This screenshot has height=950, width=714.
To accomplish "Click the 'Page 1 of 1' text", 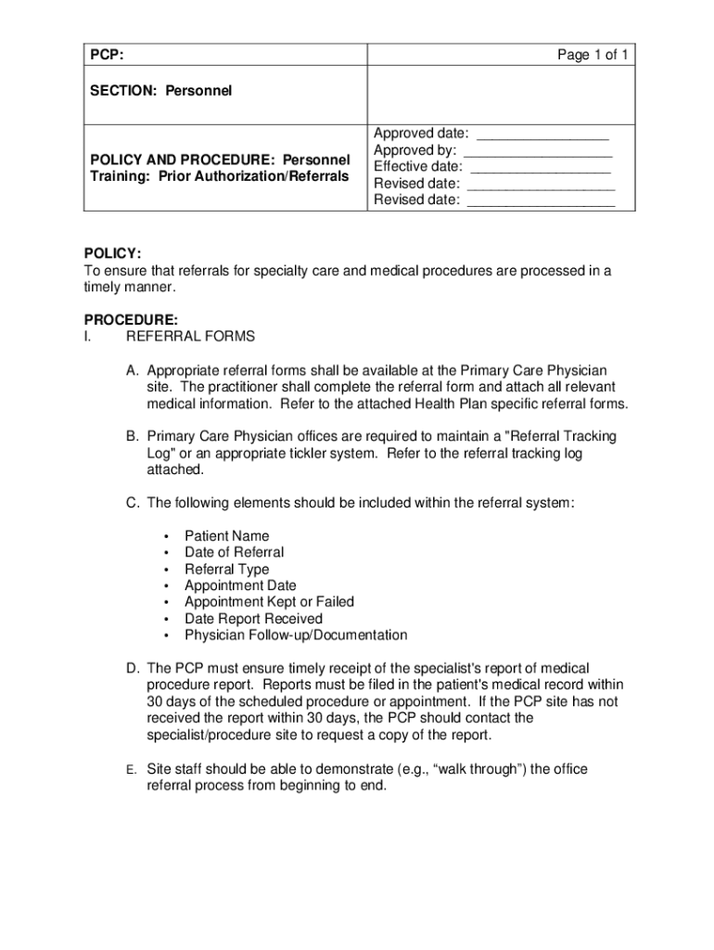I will pos(593,56).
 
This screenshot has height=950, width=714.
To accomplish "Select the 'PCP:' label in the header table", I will pos(108,56).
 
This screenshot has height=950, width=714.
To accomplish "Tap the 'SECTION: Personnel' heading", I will pos(160,91).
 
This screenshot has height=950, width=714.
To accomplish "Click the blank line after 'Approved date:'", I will pos(542,134).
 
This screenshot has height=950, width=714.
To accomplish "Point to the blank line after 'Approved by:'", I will pos(538,150).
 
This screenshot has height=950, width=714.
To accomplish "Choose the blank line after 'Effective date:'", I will pos(541,167).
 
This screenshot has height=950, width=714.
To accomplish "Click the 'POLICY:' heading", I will pos(113,253).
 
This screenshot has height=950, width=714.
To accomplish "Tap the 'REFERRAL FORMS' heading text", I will pos(190,336).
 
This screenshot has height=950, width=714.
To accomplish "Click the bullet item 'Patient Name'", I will pos(226,536).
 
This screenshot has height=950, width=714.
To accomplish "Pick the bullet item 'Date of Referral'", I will pos(234,553).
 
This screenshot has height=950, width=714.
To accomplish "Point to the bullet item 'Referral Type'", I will pos(226,570).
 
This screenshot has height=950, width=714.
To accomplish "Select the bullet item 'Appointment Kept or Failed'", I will pos(269,602).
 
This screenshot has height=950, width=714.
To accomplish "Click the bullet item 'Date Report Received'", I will pos(253,619).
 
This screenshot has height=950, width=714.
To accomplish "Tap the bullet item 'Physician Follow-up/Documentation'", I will pos(295,635).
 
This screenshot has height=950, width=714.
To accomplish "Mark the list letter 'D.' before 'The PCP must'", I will pos(134,669).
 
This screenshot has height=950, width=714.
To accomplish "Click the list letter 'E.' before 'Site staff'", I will pos(133,770).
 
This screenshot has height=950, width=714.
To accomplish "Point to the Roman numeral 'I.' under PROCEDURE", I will pos(88,336).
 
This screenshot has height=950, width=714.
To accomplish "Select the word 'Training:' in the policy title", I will pos(120,176).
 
